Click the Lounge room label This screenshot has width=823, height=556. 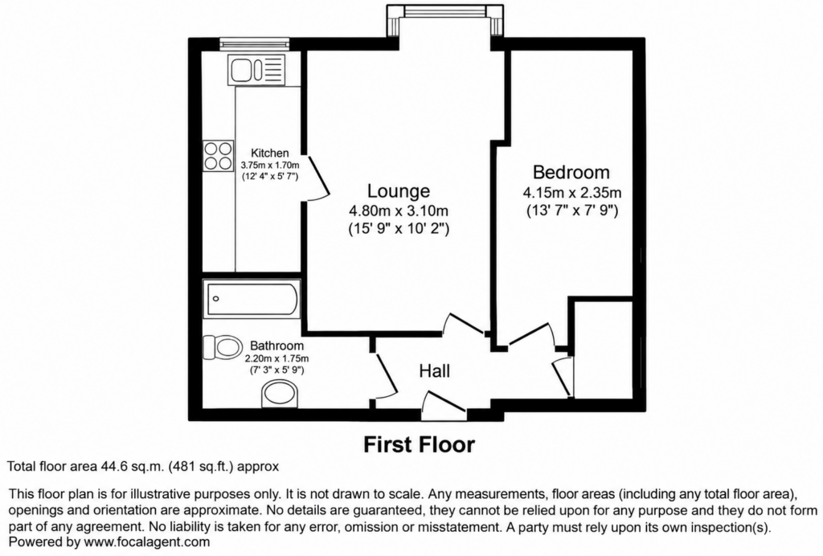point(399,191)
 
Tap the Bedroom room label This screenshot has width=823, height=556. point(571,172)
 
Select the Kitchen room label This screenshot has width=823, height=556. point(270,153)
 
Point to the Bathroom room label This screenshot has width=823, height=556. point(276,345)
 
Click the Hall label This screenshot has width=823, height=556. point(435,371)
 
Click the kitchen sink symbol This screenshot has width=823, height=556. point(256,69)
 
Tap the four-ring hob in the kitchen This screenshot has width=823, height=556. point(219,156)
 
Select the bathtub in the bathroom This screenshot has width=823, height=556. point(252,299)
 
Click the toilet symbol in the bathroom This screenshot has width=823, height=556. point(220,347)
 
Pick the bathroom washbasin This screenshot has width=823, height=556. point(280,395)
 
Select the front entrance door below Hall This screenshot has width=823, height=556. point(444,405)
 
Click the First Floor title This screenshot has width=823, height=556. point(420,445)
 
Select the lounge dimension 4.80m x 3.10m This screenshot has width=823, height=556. point(399,211)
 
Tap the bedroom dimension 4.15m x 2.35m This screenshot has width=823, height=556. point(572,193)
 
